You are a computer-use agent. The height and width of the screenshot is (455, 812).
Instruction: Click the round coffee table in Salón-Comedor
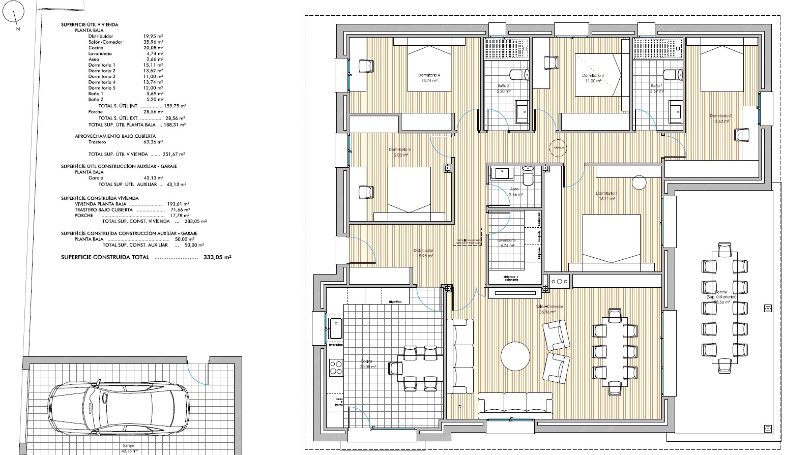point(515,356)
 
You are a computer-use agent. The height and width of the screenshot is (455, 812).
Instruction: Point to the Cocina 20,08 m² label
point(367,364)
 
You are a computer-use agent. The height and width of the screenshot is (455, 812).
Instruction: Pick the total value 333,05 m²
point(217,258)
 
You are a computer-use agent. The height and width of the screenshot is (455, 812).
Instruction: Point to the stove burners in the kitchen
point(335,367)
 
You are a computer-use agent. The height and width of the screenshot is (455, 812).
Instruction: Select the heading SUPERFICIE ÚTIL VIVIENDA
point(90,24)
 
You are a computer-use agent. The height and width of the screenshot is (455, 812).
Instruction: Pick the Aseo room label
point(514,192)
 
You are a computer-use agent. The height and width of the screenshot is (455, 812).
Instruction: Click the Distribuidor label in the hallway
point(423,253)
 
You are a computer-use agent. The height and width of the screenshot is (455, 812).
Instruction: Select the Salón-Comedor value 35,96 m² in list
point(153,42)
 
